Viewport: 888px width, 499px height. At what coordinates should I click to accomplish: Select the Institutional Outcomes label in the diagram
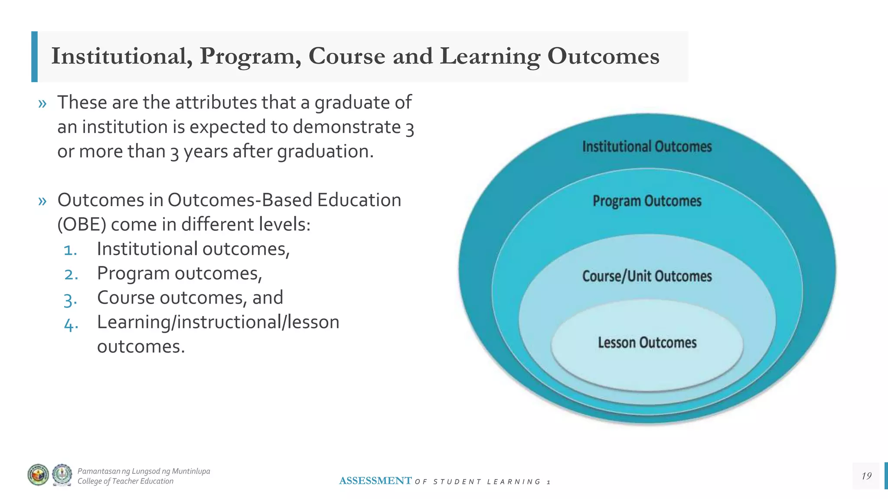pyautogui.click(x=647, y=147)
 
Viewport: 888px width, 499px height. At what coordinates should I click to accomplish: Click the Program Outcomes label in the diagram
pyautogui.click(x=647, y=201)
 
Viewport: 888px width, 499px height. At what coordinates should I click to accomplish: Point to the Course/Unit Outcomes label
pyautogui.click(x=647, y=276)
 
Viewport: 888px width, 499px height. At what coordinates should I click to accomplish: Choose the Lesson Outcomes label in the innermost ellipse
pyautogui.click(x=647, y=343)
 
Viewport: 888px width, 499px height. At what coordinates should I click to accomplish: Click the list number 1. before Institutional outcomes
pyautogui.click(x=70, y=250)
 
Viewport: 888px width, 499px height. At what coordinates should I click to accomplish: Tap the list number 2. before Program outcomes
pyautogui.click(x=71, y=274)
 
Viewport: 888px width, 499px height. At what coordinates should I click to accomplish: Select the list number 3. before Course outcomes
pyautogui.click(x=70, y=299)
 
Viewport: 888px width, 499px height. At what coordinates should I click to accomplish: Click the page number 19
pyautogui.click(x=866, y=476)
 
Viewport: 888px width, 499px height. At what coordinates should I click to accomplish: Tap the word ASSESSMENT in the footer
pyautogui.click(x=375, y=481)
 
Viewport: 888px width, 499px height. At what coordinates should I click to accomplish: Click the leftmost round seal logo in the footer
pyautogui.click(x=38, y=475)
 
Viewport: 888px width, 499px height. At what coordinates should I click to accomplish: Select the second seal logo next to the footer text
pyautogui.click(x=62, y=475)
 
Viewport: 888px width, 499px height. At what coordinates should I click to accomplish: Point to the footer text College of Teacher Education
pyautogui.click(x=125, y=481)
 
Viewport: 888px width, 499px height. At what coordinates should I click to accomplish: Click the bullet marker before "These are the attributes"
pyautogui.click(x=42, y=104)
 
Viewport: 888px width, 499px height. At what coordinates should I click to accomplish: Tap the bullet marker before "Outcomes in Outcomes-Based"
pyautogui.click(x=42, y=201)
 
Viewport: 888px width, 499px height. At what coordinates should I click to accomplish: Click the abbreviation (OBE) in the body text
pyautogui.click(x=82, y=224)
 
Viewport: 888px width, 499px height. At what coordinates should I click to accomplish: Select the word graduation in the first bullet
pyautogui.click(x=325, y=152)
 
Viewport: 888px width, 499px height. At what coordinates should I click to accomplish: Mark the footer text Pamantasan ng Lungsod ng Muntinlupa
pyautogui.click(x=144, y=471)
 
